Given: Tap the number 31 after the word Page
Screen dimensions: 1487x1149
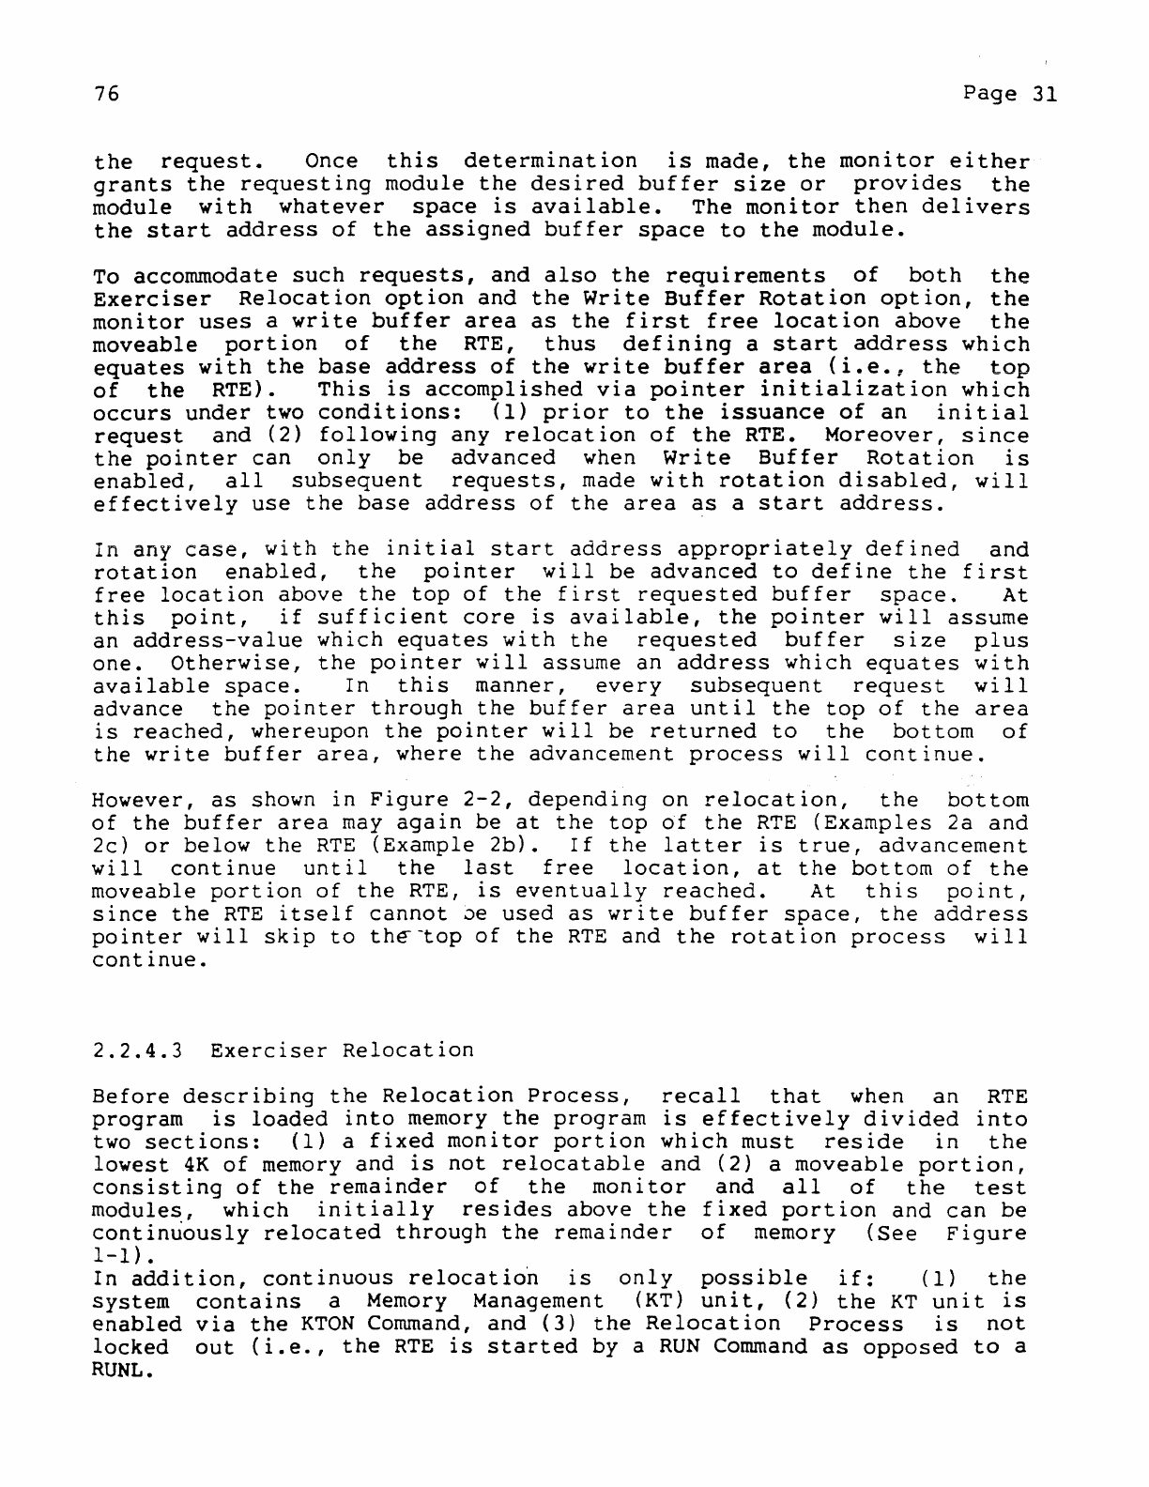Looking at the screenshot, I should pos(1041,95).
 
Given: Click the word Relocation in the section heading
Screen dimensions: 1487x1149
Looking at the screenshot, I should pos(407,1050).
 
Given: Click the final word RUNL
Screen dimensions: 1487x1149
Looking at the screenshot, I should pos(123,1371).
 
